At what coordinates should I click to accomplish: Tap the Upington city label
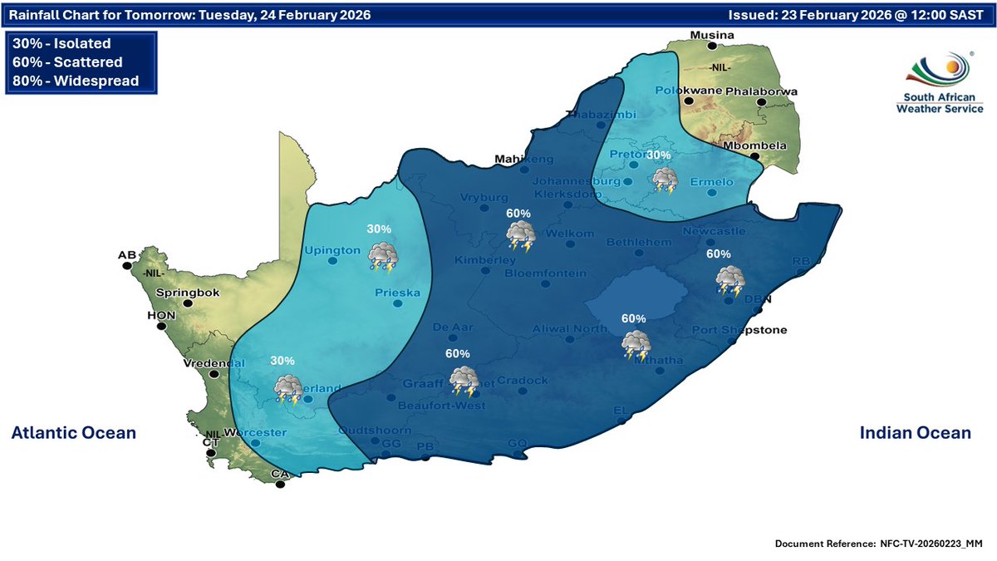(x=332, y=249)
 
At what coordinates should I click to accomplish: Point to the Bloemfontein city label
(x=545, y=273)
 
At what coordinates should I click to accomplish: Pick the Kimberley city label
(x=485, y=260)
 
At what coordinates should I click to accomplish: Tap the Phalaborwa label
(x=761, y=91)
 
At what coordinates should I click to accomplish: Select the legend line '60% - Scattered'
(x=68, y=62)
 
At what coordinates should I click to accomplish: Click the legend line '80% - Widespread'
(x=76, y=81)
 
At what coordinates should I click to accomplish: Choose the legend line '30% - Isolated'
(x=62, y=43)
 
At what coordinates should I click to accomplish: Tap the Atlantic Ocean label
(x=73, y=433)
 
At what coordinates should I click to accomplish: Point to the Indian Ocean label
(x=915, y=433)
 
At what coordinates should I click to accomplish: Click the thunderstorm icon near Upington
(x=383, y=257)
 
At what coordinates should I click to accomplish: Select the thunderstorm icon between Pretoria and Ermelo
(x=665, y=180)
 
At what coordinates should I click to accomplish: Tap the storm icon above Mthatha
(x=636, y=344)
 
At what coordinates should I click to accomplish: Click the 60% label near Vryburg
(x=519, y=214)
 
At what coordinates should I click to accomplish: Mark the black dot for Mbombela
(x=754, y=156)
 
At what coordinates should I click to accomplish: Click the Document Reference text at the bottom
(x=878, y=544)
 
